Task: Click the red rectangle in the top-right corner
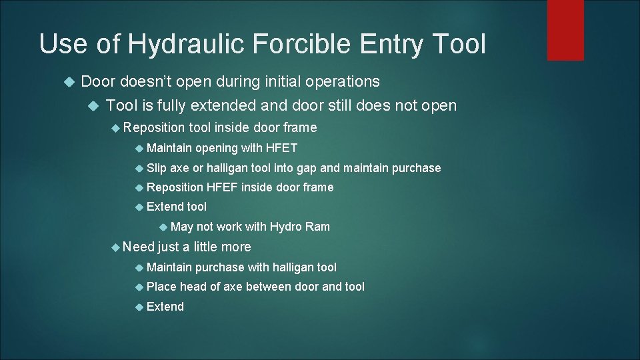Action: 565,30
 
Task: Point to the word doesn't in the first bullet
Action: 147,82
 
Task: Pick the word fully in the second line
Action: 168,105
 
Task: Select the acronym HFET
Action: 281,147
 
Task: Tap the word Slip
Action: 157,167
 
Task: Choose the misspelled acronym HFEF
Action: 222,187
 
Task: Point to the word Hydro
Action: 286,227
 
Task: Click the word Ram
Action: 317,227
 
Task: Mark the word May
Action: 182,227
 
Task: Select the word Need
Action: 138,247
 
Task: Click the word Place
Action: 161,287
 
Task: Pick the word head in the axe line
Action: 193,287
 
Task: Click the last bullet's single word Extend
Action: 165,307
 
